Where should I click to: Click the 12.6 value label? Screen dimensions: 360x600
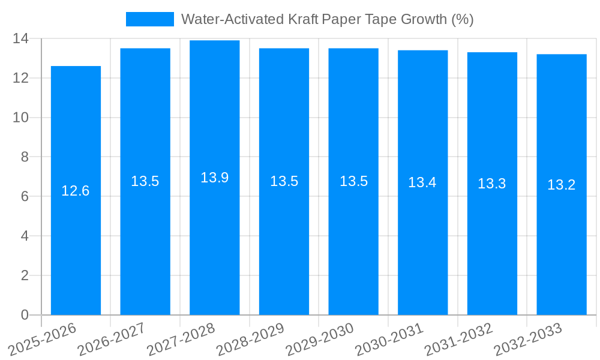tap(76, 191)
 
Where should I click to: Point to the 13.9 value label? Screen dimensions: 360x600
tap(215, 178)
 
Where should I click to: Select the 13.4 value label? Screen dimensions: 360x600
tap(422, 182)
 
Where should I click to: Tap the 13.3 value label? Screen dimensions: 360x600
tap(492, 184)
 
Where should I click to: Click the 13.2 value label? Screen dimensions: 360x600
tap(562, 185)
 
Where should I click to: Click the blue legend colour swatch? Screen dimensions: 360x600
tap(149, 19)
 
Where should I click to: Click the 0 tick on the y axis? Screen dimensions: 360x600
tap(25, 315)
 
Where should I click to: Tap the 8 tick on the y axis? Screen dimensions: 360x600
tap(25, 157)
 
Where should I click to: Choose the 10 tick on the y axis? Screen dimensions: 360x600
tap(21, 118)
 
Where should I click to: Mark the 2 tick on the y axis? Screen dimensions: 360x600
tap(25, 275)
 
